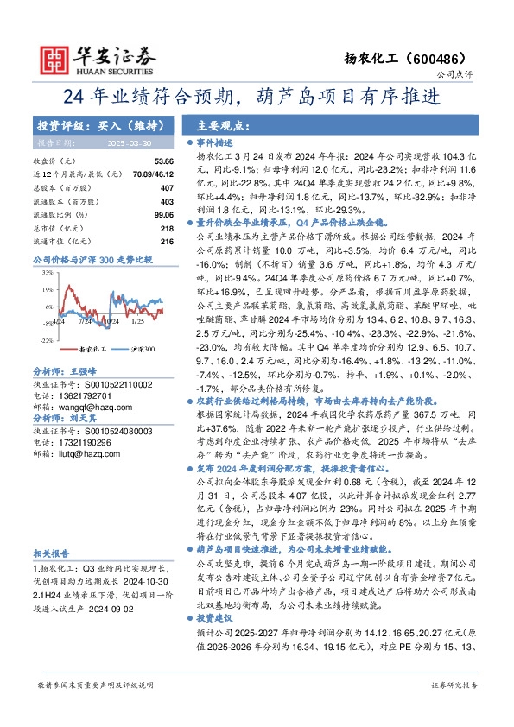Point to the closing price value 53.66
pyautogui.click(x=163, y=161)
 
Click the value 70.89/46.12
pyautogui.click(x=152, y=174)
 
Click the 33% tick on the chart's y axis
pyautogui.click(x=48, y=273)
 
